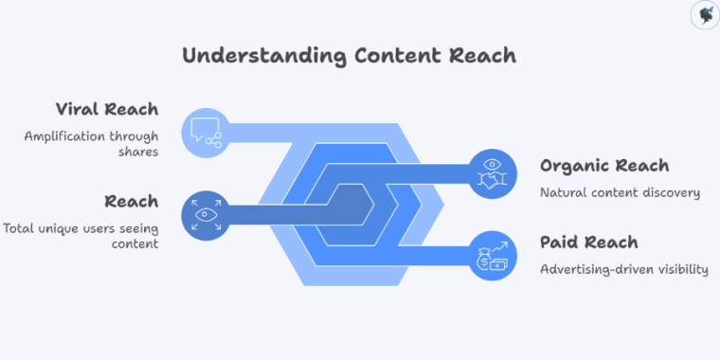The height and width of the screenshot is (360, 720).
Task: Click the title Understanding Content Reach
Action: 349,55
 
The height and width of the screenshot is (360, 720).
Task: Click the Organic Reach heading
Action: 604,166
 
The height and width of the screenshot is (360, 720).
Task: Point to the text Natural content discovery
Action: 620,193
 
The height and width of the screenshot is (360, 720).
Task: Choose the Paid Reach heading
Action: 588,242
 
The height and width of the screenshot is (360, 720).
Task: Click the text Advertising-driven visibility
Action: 623,269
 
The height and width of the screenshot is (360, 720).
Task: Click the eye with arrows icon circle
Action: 206,215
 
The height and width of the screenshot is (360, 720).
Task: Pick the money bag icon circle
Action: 492,256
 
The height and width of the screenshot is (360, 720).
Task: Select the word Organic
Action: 577,166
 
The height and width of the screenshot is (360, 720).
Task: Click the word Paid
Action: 562,242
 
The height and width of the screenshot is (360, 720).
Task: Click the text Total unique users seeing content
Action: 81,236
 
